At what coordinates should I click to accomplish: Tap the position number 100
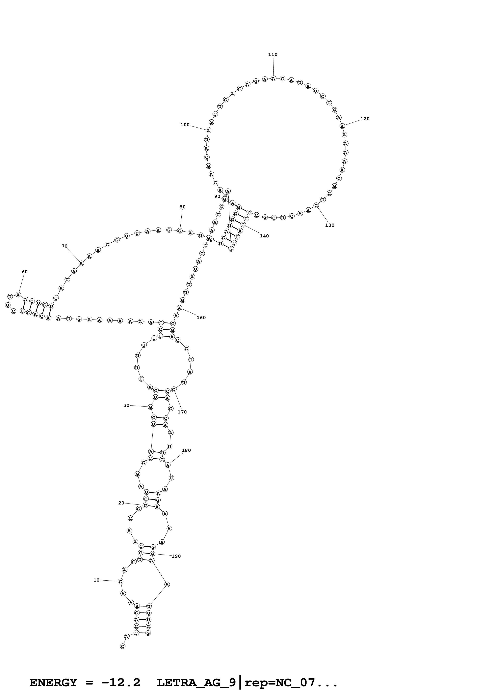pos(185,125)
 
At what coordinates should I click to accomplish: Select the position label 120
pos(365,119)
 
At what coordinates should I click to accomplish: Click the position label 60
pos(25,272)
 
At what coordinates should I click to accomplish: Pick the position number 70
pos(65,246)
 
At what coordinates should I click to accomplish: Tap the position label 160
pos(201,318)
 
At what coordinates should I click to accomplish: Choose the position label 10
pos(96,580)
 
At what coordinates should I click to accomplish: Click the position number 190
pos(176,557)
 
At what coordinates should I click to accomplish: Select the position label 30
pos(126,405)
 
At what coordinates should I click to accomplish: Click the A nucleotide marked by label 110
pos(273,79)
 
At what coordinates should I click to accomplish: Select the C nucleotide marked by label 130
pos(316,205)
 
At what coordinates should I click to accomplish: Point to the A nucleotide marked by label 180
pos(168,465)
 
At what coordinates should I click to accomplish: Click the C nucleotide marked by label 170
pos(174,389)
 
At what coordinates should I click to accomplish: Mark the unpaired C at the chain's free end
pos(122,646)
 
